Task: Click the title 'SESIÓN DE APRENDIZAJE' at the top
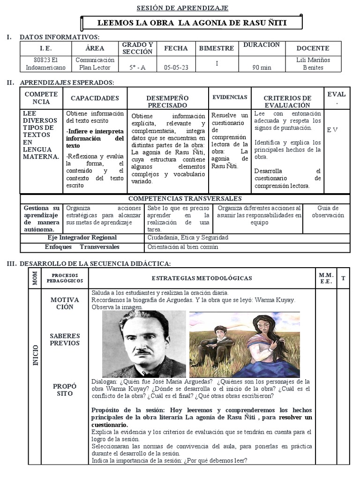point(182,8)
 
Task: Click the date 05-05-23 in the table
point(176,67)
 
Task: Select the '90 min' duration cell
point(262,67)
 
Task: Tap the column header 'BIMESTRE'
point(216,48)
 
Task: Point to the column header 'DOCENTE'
point(313,48)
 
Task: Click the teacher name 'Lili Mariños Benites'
point(313,64)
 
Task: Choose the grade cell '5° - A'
point(137,67)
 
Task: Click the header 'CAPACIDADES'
point(95,98)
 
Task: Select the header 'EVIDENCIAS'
point(230,97)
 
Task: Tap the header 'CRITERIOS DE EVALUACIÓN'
point(287,102)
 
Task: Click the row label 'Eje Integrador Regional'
point(82,238)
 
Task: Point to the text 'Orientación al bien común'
point(183,247)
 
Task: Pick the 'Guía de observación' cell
point(328,212)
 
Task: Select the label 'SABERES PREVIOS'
point(65,339)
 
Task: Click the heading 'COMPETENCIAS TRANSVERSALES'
point(185,199)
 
